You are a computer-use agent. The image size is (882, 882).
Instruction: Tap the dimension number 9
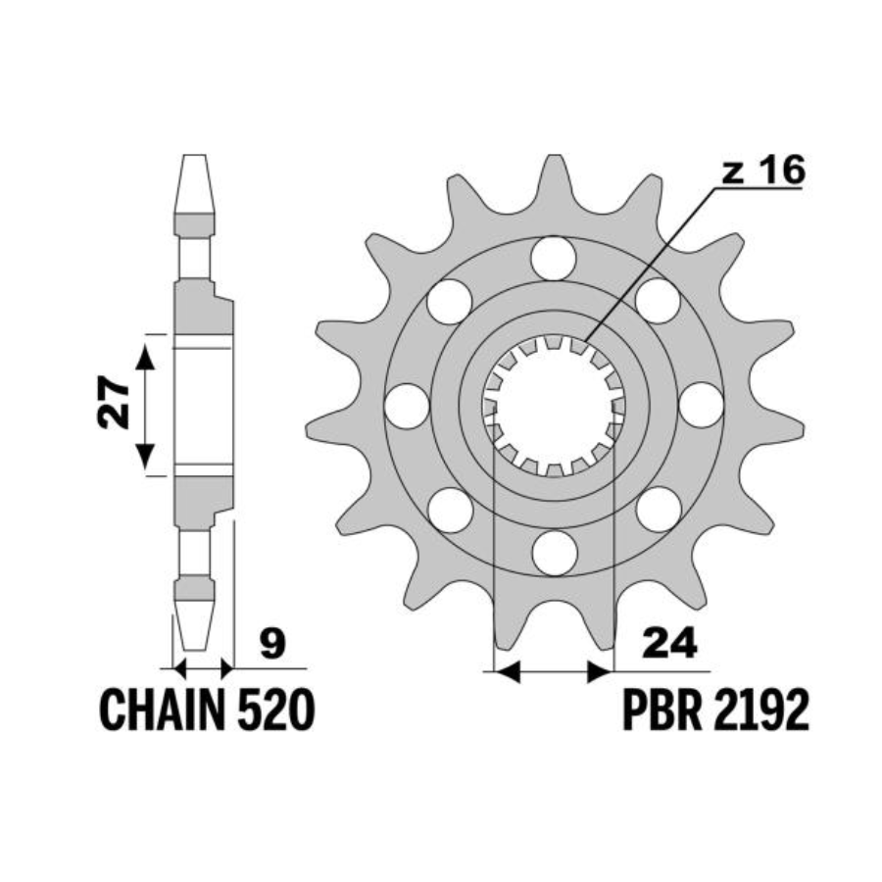click(x=273, y=645)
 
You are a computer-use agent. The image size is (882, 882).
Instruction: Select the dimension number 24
click(x=670, y=644)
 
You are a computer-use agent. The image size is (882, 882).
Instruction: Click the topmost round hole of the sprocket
click(x=554, y=258)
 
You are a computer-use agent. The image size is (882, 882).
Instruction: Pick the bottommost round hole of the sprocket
click(x=554, y=554)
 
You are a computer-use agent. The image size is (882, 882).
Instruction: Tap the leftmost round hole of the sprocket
click(x=407, y=406)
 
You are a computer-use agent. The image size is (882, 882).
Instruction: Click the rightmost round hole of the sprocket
click(x=702, y=406)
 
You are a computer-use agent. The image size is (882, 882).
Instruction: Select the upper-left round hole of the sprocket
click(x=450, y=302)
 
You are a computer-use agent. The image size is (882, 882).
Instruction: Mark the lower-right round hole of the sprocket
click(x=659, y=510)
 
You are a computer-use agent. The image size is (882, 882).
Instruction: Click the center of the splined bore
click(x=554, y=406)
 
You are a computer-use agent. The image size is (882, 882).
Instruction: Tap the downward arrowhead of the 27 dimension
click(x=145, y=455)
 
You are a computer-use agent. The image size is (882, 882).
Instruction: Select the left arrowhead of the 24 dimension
click(x=507, y=671)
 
